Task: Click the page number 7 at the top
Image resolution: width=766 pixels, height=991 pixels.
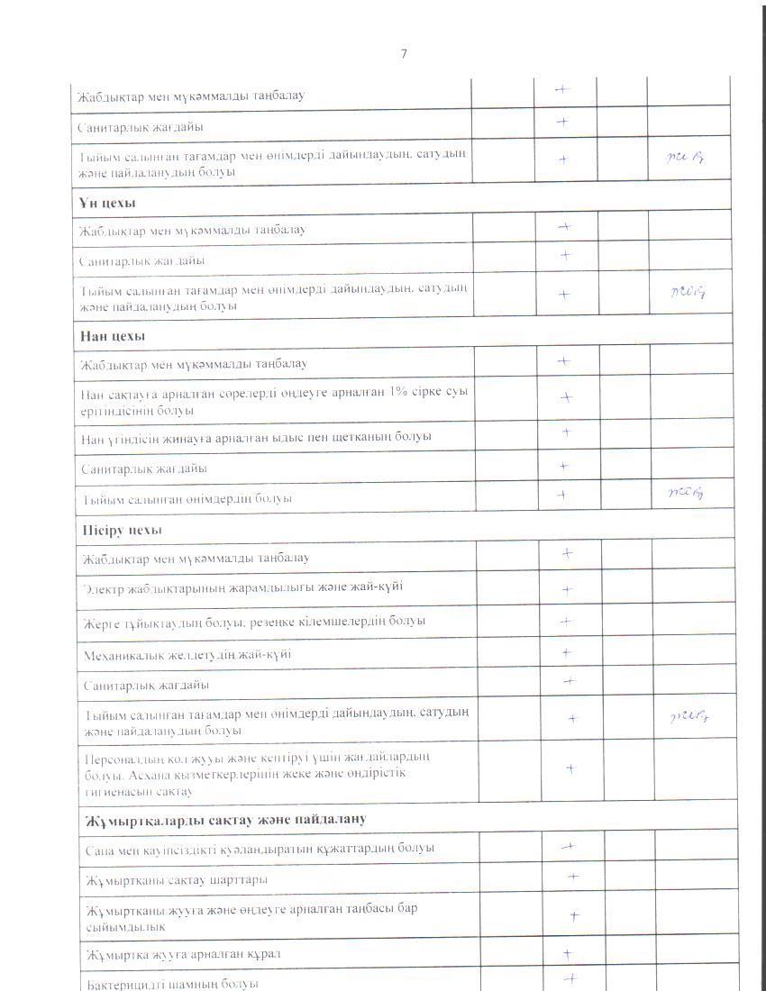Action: click(x=404, y=54)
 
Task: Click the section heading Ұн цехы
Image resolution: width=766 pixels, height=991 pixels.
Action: click(x=102, y=202)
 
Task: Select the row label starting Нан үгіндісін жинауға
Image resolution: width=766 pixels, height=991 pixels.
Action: click(x=256, y=436)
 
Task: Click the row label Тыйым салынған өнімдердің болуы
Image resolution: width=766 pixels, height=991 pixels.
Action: click(x=186, y=498)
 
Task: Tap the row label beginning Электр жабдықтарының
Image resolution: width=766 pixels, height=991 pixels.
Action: click(x=242, y=587)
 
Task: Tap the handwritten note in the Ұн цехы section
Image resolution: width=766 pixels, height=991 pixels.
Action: click(x=688, y=291)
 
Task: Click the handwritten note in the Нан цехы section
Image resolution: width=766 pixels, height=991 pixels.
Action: click(x=688, y=492)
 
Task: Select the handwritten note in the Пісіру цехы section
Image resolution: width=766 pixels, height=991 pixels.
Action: click(x=690, y=717)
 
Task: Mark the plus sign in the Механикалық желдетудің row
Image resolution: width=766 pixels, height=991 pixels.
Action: click(x=567, y=652)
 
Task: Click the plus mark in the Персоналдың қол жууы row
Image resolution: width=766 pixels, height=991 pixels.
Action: click(x=570, y=768)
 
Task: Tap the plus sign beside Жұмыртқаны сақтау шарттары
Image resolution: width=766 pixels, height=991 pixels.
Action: click(x=573, y=876)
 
